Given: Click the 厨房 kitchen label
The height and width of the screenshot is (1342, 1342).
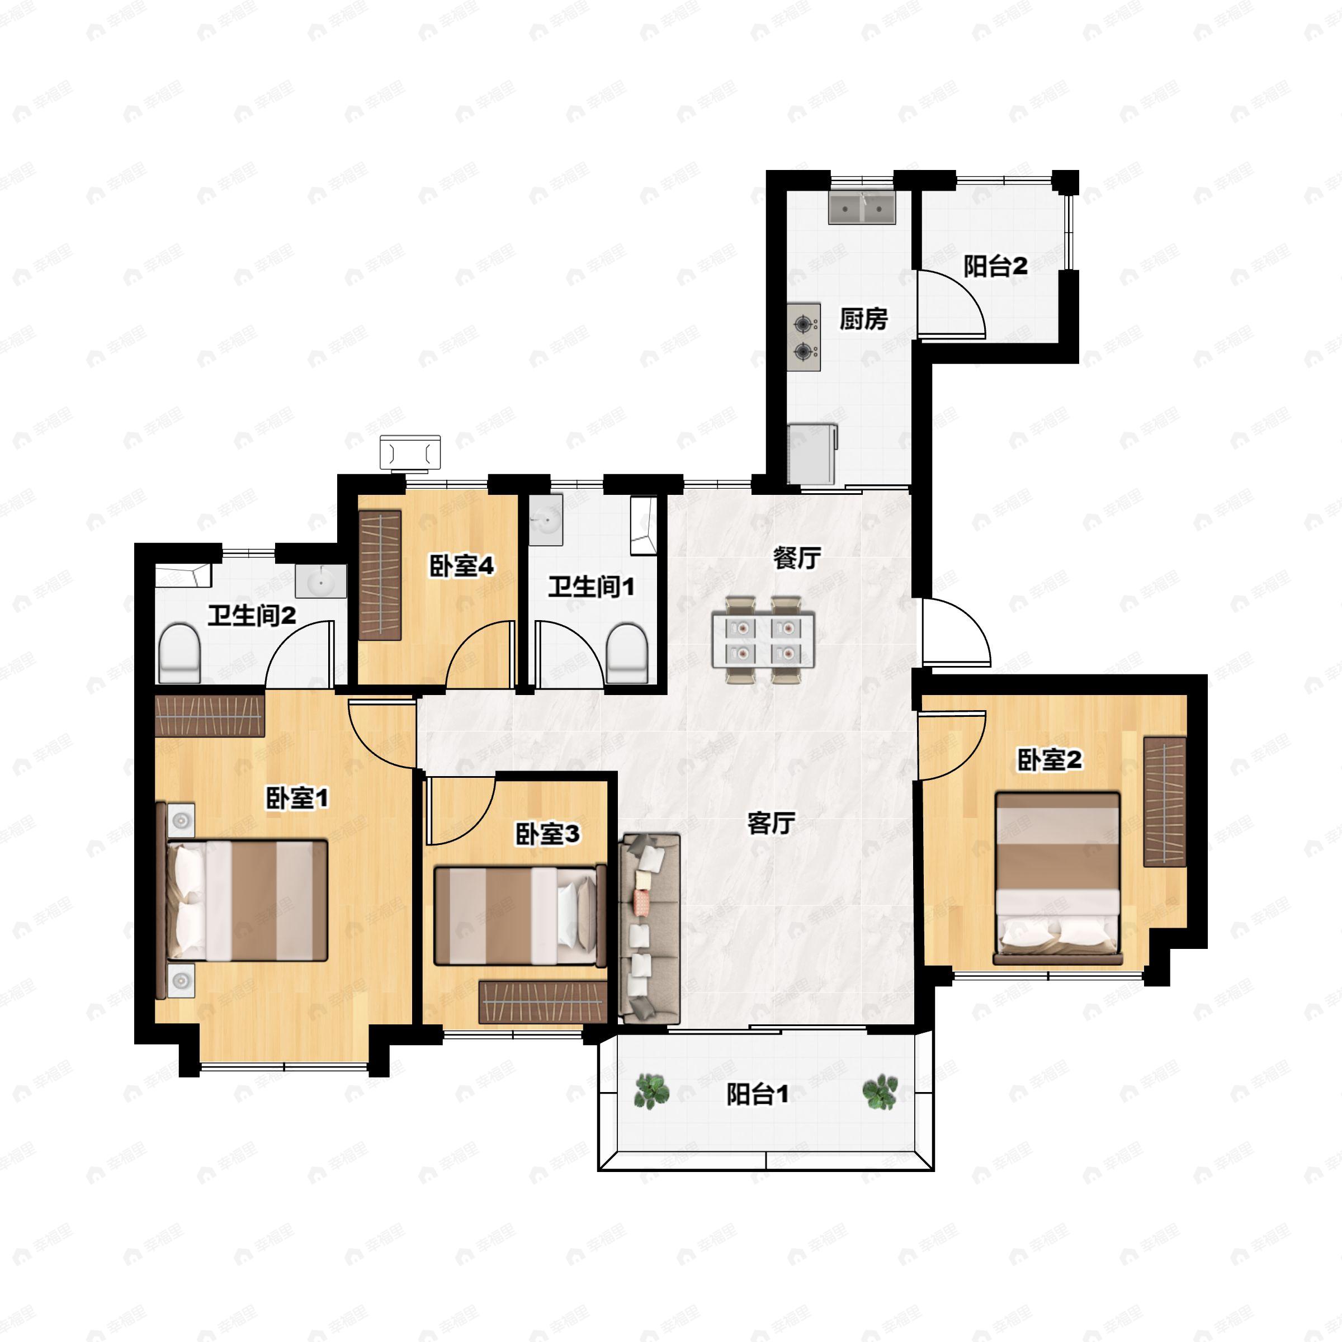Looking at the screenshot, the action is [x=863, y=319].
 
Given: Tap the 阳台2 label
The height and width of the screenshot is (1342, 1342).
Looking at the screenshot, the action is [x=995, y=266].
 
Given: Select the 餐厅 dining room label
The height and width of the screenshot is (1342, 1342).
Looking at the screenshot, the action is [x=797, y=558].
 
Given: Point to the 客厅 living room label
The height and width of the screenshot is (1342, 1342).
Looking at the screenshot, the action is [x=771, y=823].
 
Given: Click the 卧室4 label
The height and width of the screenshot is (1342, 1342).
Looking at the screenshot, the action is [x=461, y=565].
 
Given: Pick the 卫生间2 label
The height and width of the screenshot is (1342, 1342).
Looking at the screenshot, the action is [x=252, y=615].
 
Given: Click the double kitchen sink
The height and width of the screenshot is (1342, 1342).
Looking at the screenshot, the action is [x=861, y=207].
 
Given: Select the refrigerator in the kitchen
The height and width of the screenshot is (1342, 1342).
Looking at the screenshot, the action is [x=812, y=453].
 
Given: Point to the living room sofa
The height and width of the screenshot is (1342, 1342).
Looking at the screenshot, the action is [x=649, y=929].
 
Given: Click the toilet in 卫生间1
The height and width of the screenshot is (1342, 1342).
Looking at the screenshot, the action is [x=626, y=653].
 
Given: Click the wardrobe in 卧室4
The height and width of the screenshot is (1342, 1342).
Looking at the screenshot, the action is [x=381, y=575].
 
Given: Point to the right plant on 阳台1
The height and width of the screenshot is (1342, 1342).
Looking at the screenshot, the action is [x=880, y=1092].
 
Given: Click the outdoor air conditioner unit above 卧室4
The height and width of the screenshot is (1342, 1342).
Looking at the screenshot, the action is [x=410, y=453].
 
